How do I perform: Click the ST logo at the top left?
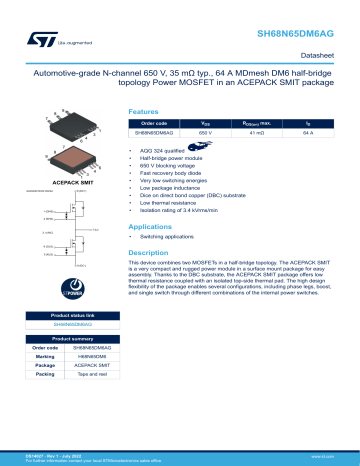tap(22, 16)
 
